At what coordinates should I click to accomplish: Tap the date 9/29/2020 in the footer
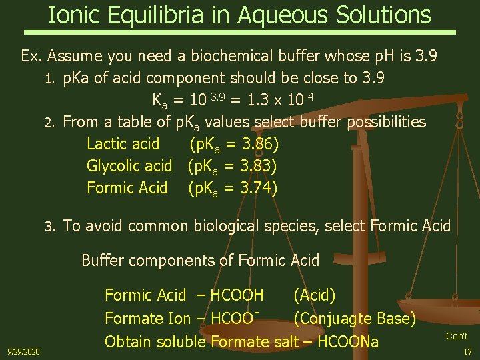pyautogui.click(x=23, y=351)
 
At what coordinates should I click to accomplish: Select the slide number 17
pyautogui.click(x=467, y=351)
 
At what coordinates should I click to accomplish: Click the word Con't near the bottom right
pyautogui.click(x=457, y=336)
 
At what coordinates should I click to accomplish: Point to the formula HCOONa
pyautogui.click(x=348, y=343)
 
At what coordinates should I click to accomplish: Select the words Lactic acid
pyautogui.click(x=123, y=143)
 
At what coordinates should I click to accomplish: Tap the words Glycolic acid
pyautogui.click(x=129, y=166)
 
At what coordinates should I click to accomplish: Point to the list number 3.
pyautogui.click(x=48, y=227)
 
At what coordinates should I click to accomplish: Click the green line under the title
pyautogui.click(x=240, y=32)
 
